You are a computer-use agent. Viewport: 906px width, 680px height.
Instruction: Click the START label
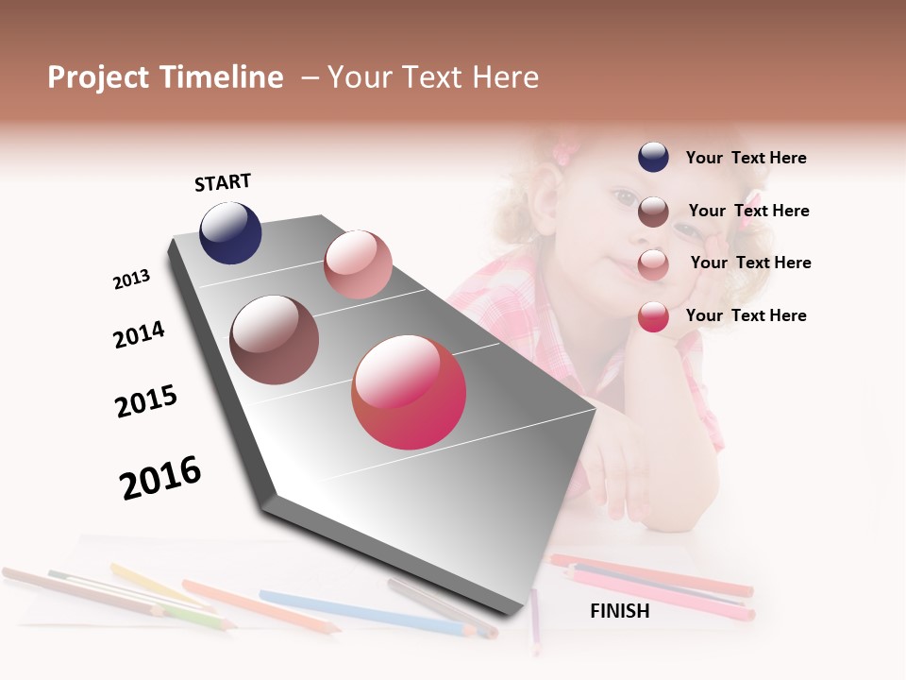pyautogui.click(x=223, y=182)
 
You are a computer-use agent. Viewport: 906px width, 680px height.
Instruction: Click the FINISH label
pyautogui.click(x=619, y=611)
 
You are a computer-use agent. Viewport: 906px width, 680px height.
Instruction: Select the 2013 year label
pyautogui.click(x=131, y=280)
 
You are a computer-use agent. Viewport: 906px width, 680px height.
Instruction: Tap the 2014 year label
pyautogui.click(x=139, y=334)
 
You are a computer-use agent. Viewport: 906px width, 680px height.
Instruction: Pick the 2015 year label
pyautogui.click(x=146, y=401)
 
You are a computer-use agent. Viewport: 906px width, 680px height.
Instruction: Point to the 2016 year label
pyautogui.click(x=160, y=478)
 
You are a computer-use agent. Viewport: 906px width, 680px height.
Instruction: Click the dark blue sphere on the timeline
pyautogui.click(x=230, y=233)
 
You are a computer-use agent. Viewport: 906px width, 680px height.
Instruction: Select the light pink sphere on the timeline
pyautogui.click(x=358, y=264)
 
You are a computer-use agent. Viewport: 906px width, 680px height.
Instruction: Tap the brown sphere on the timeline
pyautogui.click(x=275, y=340)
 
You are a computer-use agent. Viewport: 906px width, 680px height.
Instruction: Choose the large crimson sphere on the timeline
pyautogui.click(x=409, y=392)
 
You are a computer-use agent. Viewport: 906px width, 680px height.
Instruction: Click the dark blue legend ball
pyautogui.click(x=653, y=158)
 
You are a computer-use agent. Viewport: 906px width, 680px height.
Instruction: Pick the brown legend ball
pyautogui.click(x=653, y=212)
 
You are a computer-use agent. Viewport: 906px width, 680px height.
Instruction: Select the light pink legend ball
pyautogui.click(x=653, y=264)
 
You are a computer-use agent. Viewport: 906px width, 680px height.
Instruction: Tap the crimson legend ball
pyautogui.click(x=653, y=316)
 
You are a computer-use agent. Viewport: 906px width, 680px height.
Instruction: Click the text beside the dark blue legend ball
pyautogui.click(x=746, y=158)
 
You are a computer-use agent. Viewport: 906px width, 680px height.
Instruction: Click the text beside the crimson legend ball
pyautogui.click(x=746, y=315)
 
